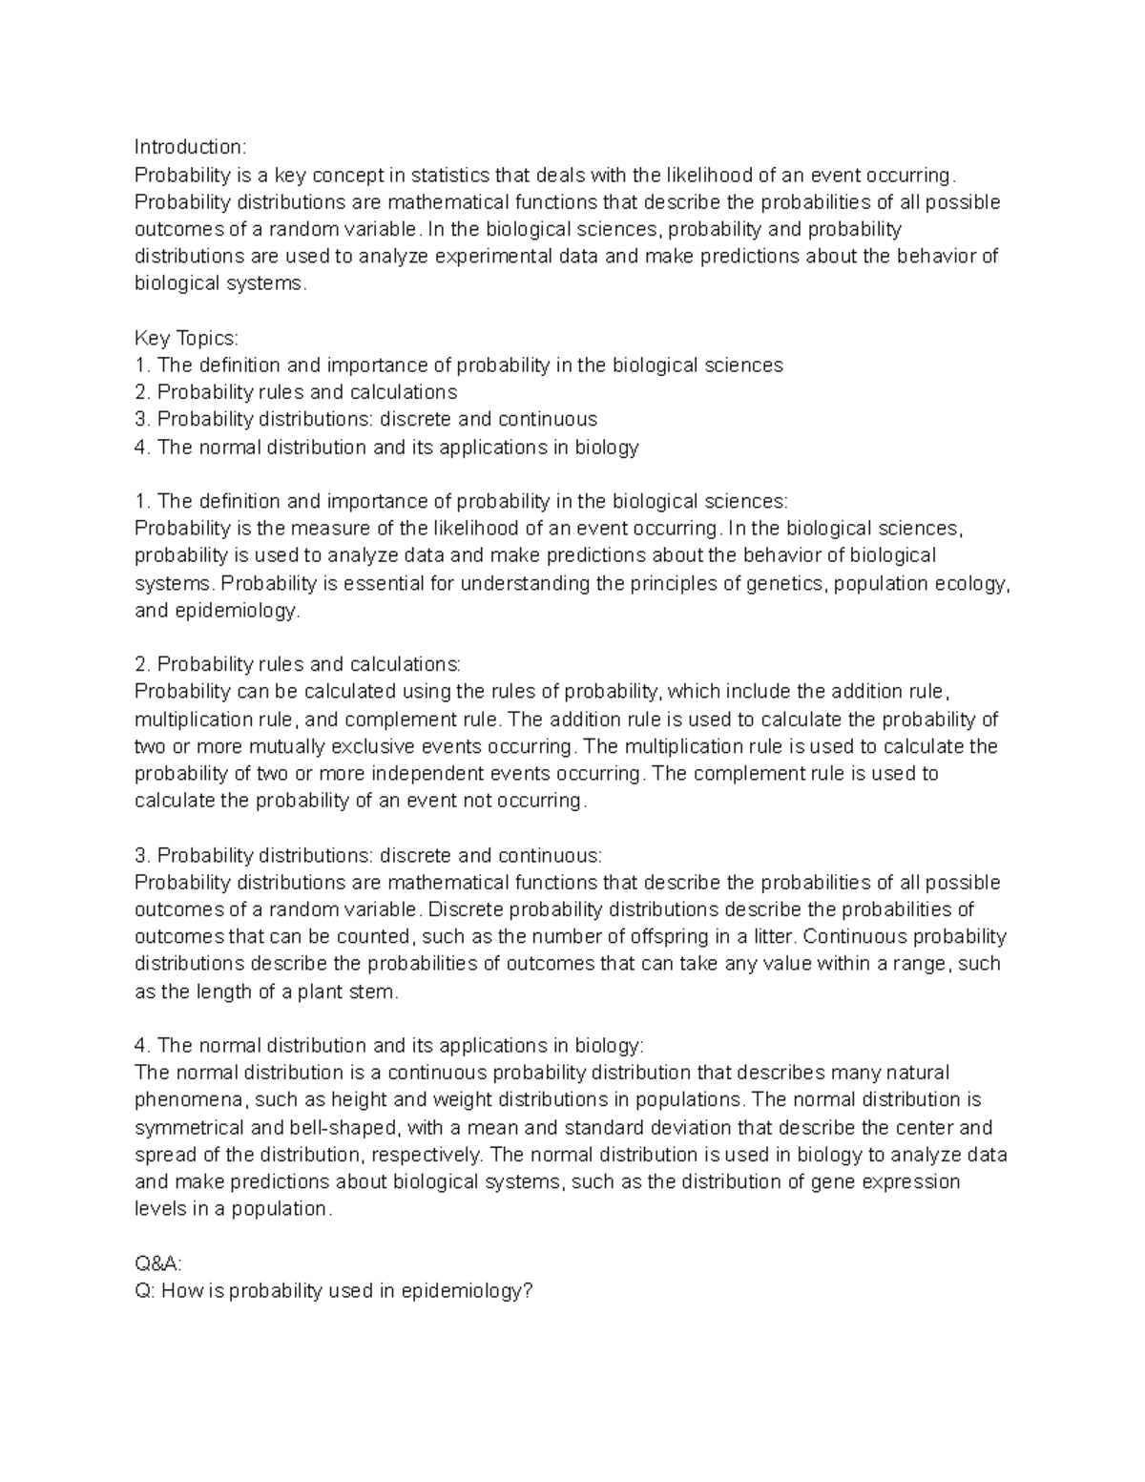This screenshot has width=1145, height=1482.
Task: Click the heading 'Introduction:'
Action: point(190,147)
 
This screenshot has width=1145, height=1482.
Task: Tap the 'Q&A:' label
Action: point(157,1263)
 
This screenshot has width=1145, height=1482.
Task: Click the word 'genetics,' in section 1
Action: point(788,583)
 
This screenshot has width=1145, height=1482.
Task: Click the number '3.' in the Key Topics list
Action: point(143,419)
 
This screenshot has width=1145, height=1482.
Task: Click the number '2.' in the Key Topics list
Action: point(143,392)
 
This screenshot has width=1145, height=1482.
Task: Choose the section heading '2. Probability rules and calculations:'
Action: point(297,664)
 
